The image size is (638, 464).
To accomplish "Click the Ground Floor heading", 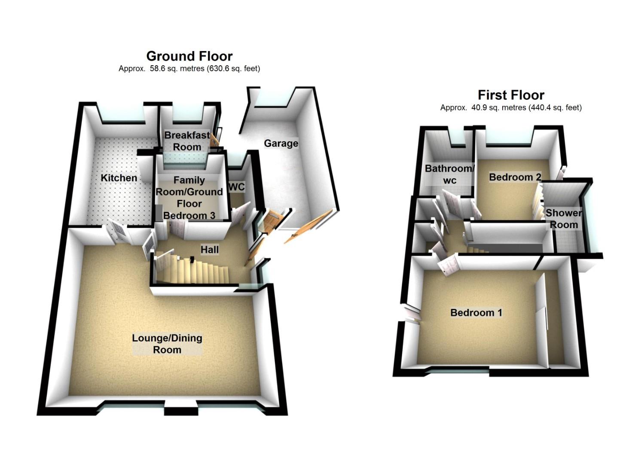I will [x=189, y=56].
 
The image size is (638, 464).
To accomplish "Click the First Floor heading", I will [x=511, y=95].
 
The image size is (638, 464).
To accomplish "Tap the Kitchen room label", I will [x=119, y=178].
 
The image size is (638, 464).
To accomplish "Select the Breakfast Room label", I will [x=187, y=141].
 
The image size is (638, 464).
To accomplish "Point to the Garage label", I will [x=281, y=143].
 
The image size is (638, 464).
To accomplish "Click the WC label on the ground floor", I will [x=237, y=187].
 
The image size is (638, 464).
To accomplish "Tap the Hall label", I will [x=210, y=250].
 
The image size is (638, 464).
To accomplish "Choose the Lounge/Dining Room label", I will [x=167, y=344].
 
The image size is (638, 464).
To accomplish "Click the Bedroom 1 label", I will [x=476, y=313].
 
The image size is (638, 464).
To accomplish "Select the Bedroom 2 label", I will [x=515, y=177].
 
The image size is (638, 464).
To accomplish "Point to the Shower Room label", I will [x=564, y=219].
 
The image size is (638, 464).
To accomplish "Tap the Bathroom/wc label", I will [x=449, y=174].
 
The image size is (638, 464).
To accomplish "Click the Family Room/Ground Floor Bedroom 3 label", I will [x=189, y=198].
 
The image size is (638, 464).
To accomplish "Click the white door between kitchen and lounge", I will [x=117, y=232].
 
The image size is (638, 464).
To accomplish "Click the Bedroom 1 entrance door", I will [x=448, y=264].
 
